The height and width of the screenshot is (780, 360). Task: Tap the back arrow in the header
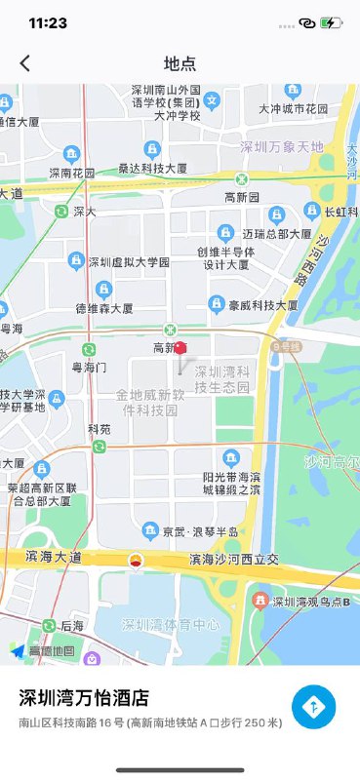[x=25, y=63]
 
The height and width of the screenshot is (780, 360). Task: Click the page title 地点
[x=180, y=63]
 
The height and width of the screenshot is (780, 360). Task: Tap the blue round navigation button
[x=313, y=707]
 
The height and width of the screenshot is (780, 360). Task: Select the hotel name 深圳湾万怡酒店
[x=85, y=697]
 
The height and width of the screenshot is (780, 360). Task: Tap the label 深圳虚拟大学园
[x=129, y=262]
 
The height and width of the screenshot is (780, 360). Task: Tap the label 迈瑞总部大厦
[x=277, y=234]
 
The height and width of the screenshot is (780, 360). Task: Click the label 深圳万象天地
[x=281, y=147]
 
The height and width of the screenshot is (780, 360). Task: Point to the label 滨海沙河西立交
[x=234, y=560]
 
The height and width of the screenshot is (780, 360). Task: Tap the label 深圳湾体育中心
[x=170, y=624]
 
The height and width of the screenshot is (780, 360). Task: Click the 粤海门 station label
[x=90, y=368]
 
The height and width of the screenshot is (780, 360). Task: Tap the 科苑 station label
[x=100, y=429]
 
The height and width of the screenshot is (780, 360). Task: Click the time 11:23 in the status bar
[x=48, y=22]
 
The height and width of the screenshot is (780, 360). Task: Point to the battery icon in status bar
[x=332, y=22]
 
